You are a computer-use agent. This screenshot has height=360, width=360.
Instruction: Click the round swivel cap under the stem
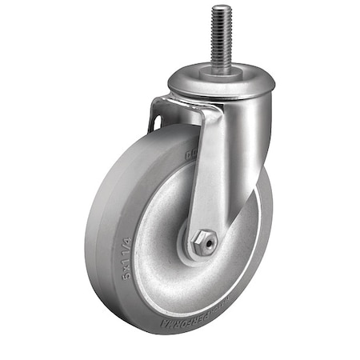(x=221, y=80)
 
